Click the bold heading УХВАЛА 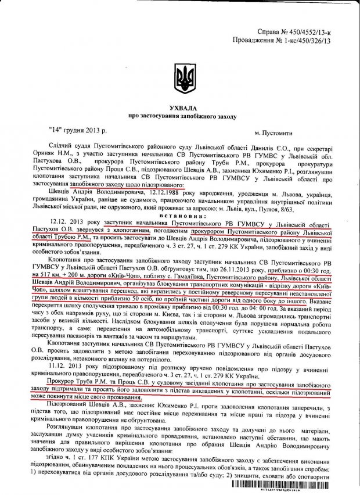(181, 108)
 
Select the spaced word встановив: (181, 223)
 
